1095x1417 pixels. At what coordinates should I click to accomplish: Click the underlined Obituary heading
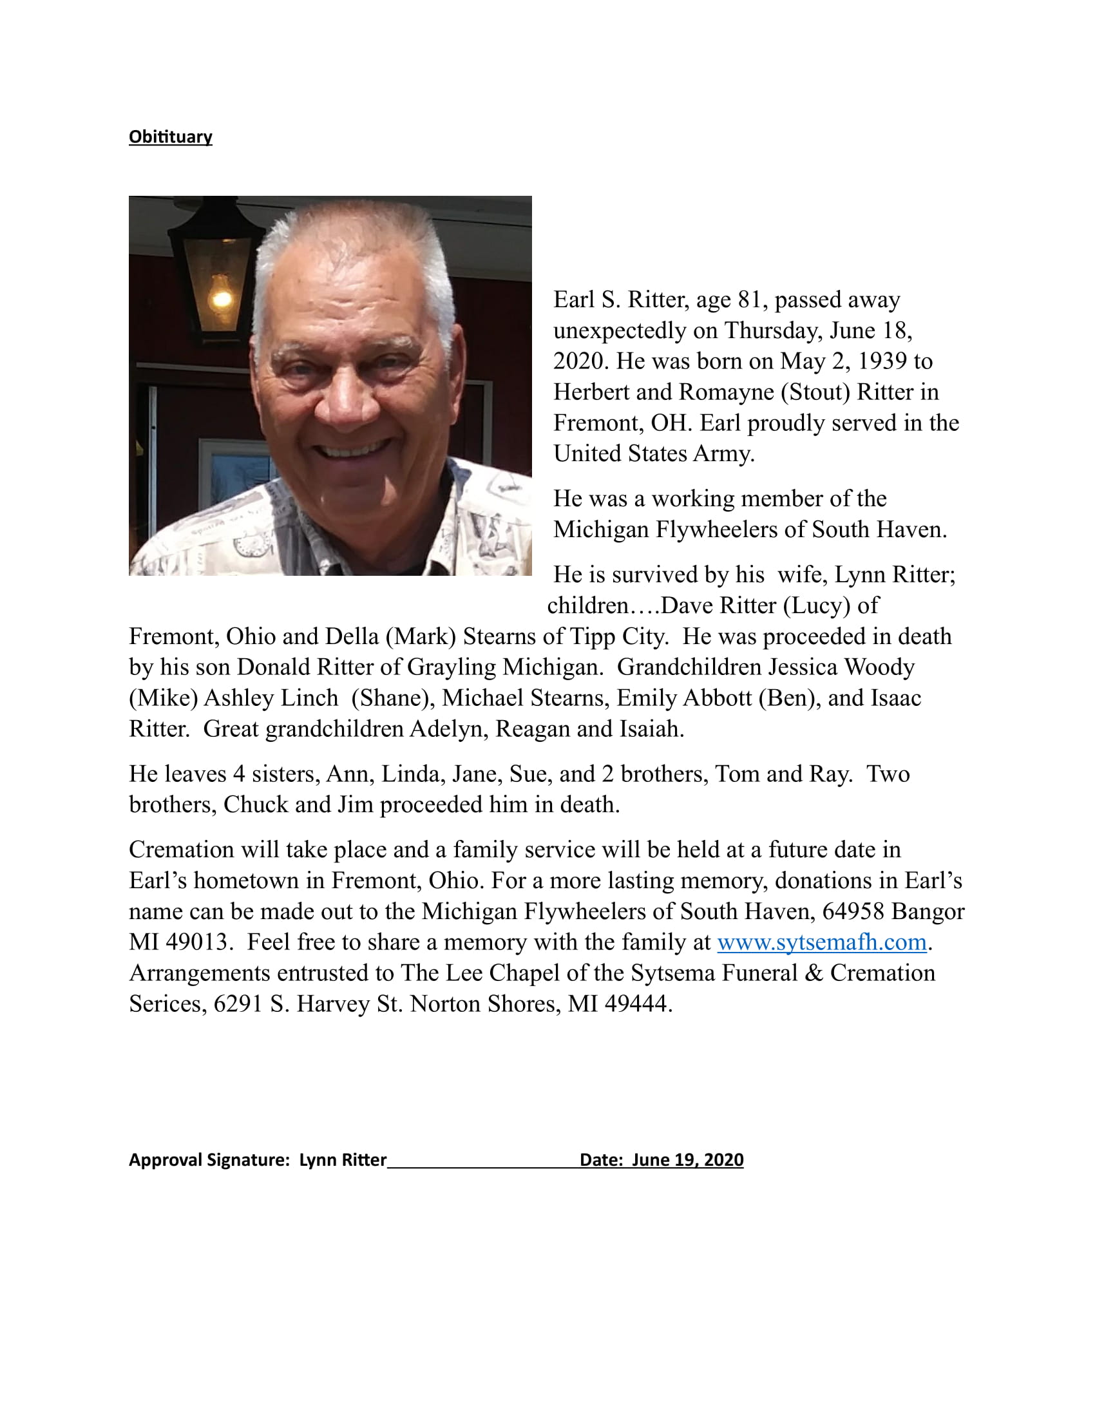[170, 137]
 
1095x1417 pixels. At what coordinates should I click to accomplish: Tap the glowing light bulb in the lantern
[221, 297]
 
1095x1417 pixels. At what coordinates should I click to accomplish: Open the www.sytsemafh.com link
[821, 942]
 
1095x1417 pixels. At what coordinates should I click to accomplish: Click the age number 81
[749, 300]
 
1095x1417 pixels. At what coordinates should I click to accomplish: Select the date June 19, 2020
[688, 1160]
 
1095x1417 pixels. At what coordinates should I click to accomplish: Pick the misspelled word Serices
[167, 1004]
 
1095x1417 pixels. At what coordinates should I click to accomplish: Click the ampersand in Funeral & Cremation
[814, 973]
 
